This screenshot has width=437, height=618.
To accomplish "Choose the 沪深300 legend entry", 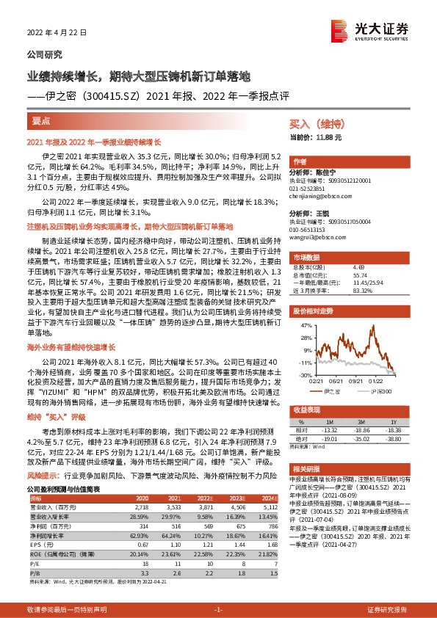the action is coord(376,393).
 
